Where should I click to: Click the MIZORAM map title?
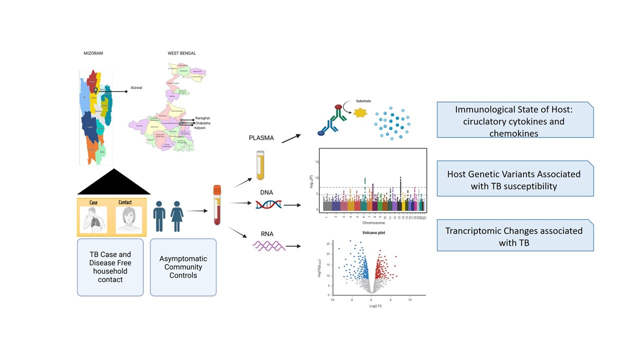(x=93, y=53)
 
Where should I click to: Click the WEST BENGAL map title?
(x=182, y=53)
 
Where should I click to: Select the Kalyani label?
(x=200, y=128)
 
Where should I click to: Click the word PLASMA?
(x=261, y=137)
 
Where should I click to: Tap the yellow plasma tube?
(x=260, y=165)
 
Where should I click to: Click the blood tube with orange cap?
(x=217, y=205)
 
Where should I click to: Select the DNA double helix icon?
(x=268, y=204)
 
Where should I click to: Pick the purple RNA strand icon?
(x=269, y=245)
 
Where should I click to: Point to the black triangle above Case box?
(x=114, y=182)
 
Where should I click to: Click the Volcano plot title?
(x=373, y=232)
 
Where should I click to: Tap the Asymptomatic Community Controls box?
(x=183, y=267)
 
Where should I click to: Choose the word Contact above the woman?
(x=126, y=202)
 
